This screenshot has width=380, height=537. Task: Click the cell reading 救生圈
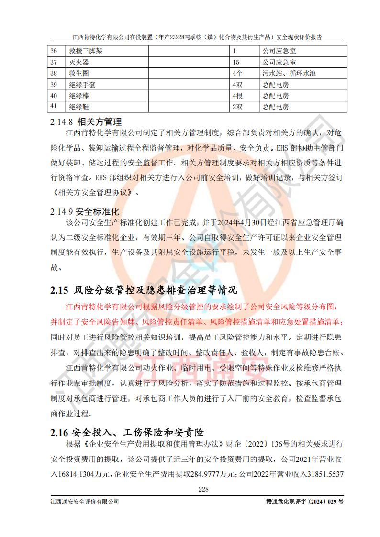tap(79, 73)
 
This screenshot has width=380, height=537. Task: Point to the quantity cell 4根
tap(237, 96)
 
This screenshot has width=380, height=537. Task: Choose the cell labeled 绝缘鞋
tap(79, 107)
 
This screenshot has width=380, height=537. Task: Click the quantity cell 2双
tap(237, 107)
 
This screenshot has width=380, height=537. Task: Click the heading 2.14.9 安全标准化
tap(84, 211)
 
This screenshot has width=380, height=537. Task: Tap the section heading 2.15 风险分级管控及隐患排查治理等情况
tap(143, 290)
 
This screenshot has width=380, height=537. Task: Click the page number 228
tap(204, 489)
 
